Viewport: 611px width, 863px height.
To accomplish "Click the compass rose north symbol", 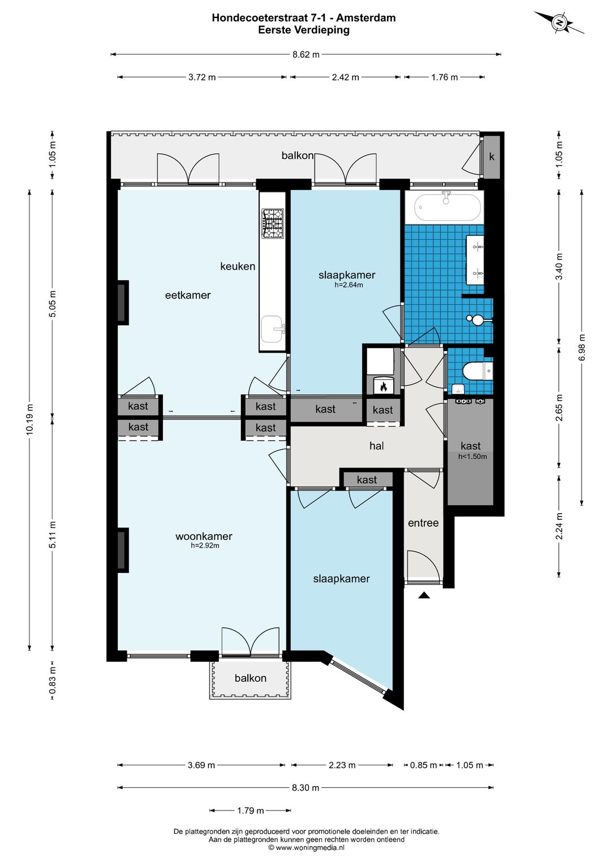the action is pyautogui.click(x=559, y=23).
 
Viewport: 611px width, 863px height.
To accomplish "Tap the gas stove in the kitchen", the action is pyautogui.click(x=272, y=223).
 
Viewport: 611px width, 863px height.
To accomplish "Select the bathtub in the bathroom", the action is pyautogui.click(x=448, y=207).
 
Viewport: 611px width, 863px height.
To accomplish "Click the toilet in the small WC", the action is pyautogui.click(x=477, y=371).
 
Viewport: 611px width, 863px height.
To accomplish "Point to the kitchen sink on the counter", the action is pyautogui.click(x=273, y=329).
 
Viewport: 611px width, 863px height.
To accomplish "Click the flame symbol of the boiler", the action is pyautogui.click(x=384, y=387).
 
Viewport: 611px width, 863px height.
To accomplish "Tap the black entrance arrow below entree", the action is pyautogui.click(x=424, y=595).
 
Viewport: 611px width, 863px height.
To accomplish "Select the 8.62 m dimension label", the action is pyautogui.click(x=306, y=55).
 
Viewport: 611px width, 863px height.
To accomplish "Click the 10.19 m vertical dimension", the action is pyautogui.click(x=29, y=419).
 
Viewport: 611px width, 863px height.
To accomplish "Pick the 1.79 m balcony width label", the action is pyautogui.click(x=250, y=810).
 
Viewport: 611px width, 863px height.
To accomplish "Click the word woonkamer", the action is pyautogui.click(x=204, y=536).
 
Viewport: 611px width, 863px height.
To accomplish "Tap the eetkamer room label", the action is pyautogui.click(x=188, y=295).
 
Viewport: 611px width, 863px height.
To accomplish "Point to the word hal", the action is pyautogui.click(x=376, y=446).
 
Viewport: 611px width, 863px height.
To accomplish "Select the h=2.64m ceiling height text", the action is pyautogui.click(x=348, y=285).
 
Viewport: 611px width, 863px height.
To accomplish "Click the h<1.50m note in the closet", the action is pyautogui.click(x=472, y=457).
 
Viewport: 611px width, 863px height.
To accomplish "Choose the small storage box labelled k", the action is pyautogui.click(x=492, y=157).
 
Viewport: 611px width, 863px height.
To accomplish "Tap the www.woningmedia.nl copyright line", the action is pyautogui.click(x=306, y=848).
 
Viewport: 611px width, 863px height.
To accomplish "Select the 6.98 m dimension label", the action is pyautogui.click(x=582, y=347).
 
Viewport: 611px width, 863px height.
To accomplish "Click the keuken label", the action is pyautogui.click(x=238, y=266).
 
